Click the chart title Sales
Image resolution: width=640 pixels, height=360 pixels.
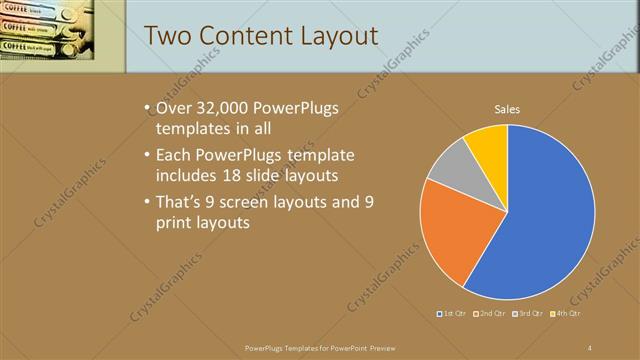[x=508, y=109]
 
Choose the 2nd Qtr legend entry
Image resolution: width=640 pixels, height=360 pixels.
[x=491, y=314]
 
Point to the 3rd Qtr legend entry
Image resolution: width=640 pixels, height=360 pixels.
[x=528, y=314]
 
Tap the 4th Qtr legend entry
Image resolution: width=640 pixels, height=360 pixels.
[x=565, y=314]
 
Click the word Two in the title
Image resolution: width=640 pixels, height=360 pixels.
[x=169, y=36]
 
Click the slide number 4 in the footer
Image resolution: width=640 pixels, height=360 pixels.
[x=590, y=348]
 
